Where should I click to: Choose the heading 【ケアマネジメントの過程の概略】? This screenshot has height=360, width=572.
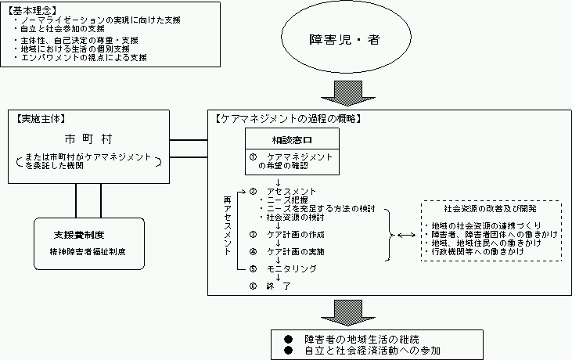point(287,119)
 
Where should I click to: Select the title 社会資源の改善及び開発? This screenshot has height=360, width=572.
point(490,209)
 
